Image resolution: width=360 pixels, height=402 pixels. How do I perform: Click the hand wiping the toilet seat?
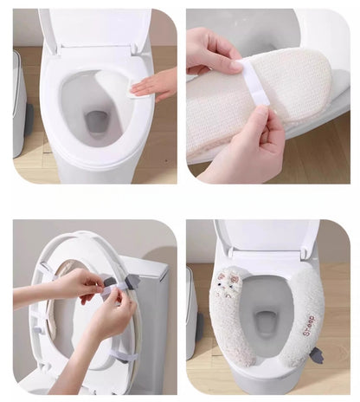click(x=158, y=84)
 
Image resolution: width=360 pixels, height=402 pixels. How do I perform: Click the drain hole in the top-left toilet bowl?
click(x=98, y=121)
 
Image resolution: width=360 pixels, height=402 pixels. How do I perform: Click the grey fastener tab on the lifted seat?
click(x=132, y=282)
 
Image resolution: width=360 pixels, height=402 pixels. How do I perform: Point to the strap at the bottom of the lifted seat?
click(x=124, y=355)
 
